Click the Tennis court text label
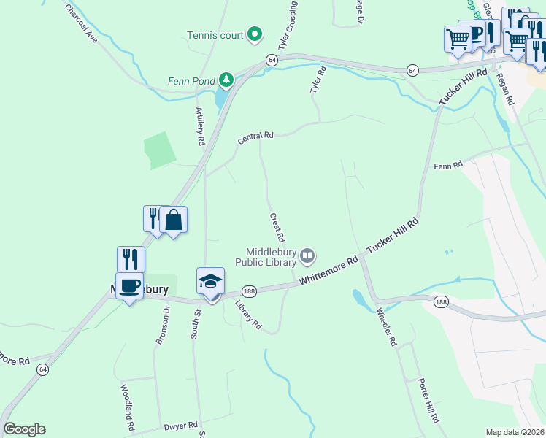click(x=215, y=34)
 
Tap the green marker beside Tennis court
click(x=255, y=34)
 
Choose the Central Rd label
click(x=255, y=137)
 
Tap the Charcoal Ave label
click(x=81, y=22)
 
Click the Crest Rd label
click(x=277, y=228)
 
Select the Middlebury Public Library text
click(x=266, y=255)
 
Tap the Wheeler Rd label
click(x=386, y=328)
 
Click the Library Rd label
click(x=249, y=315)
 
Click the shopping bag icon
click(x=174, y=220)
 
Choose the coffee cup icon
click(x=130, y=285)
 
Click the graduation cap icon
click(x=210, y=281)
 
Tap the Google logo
click(x=24, y=429)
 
